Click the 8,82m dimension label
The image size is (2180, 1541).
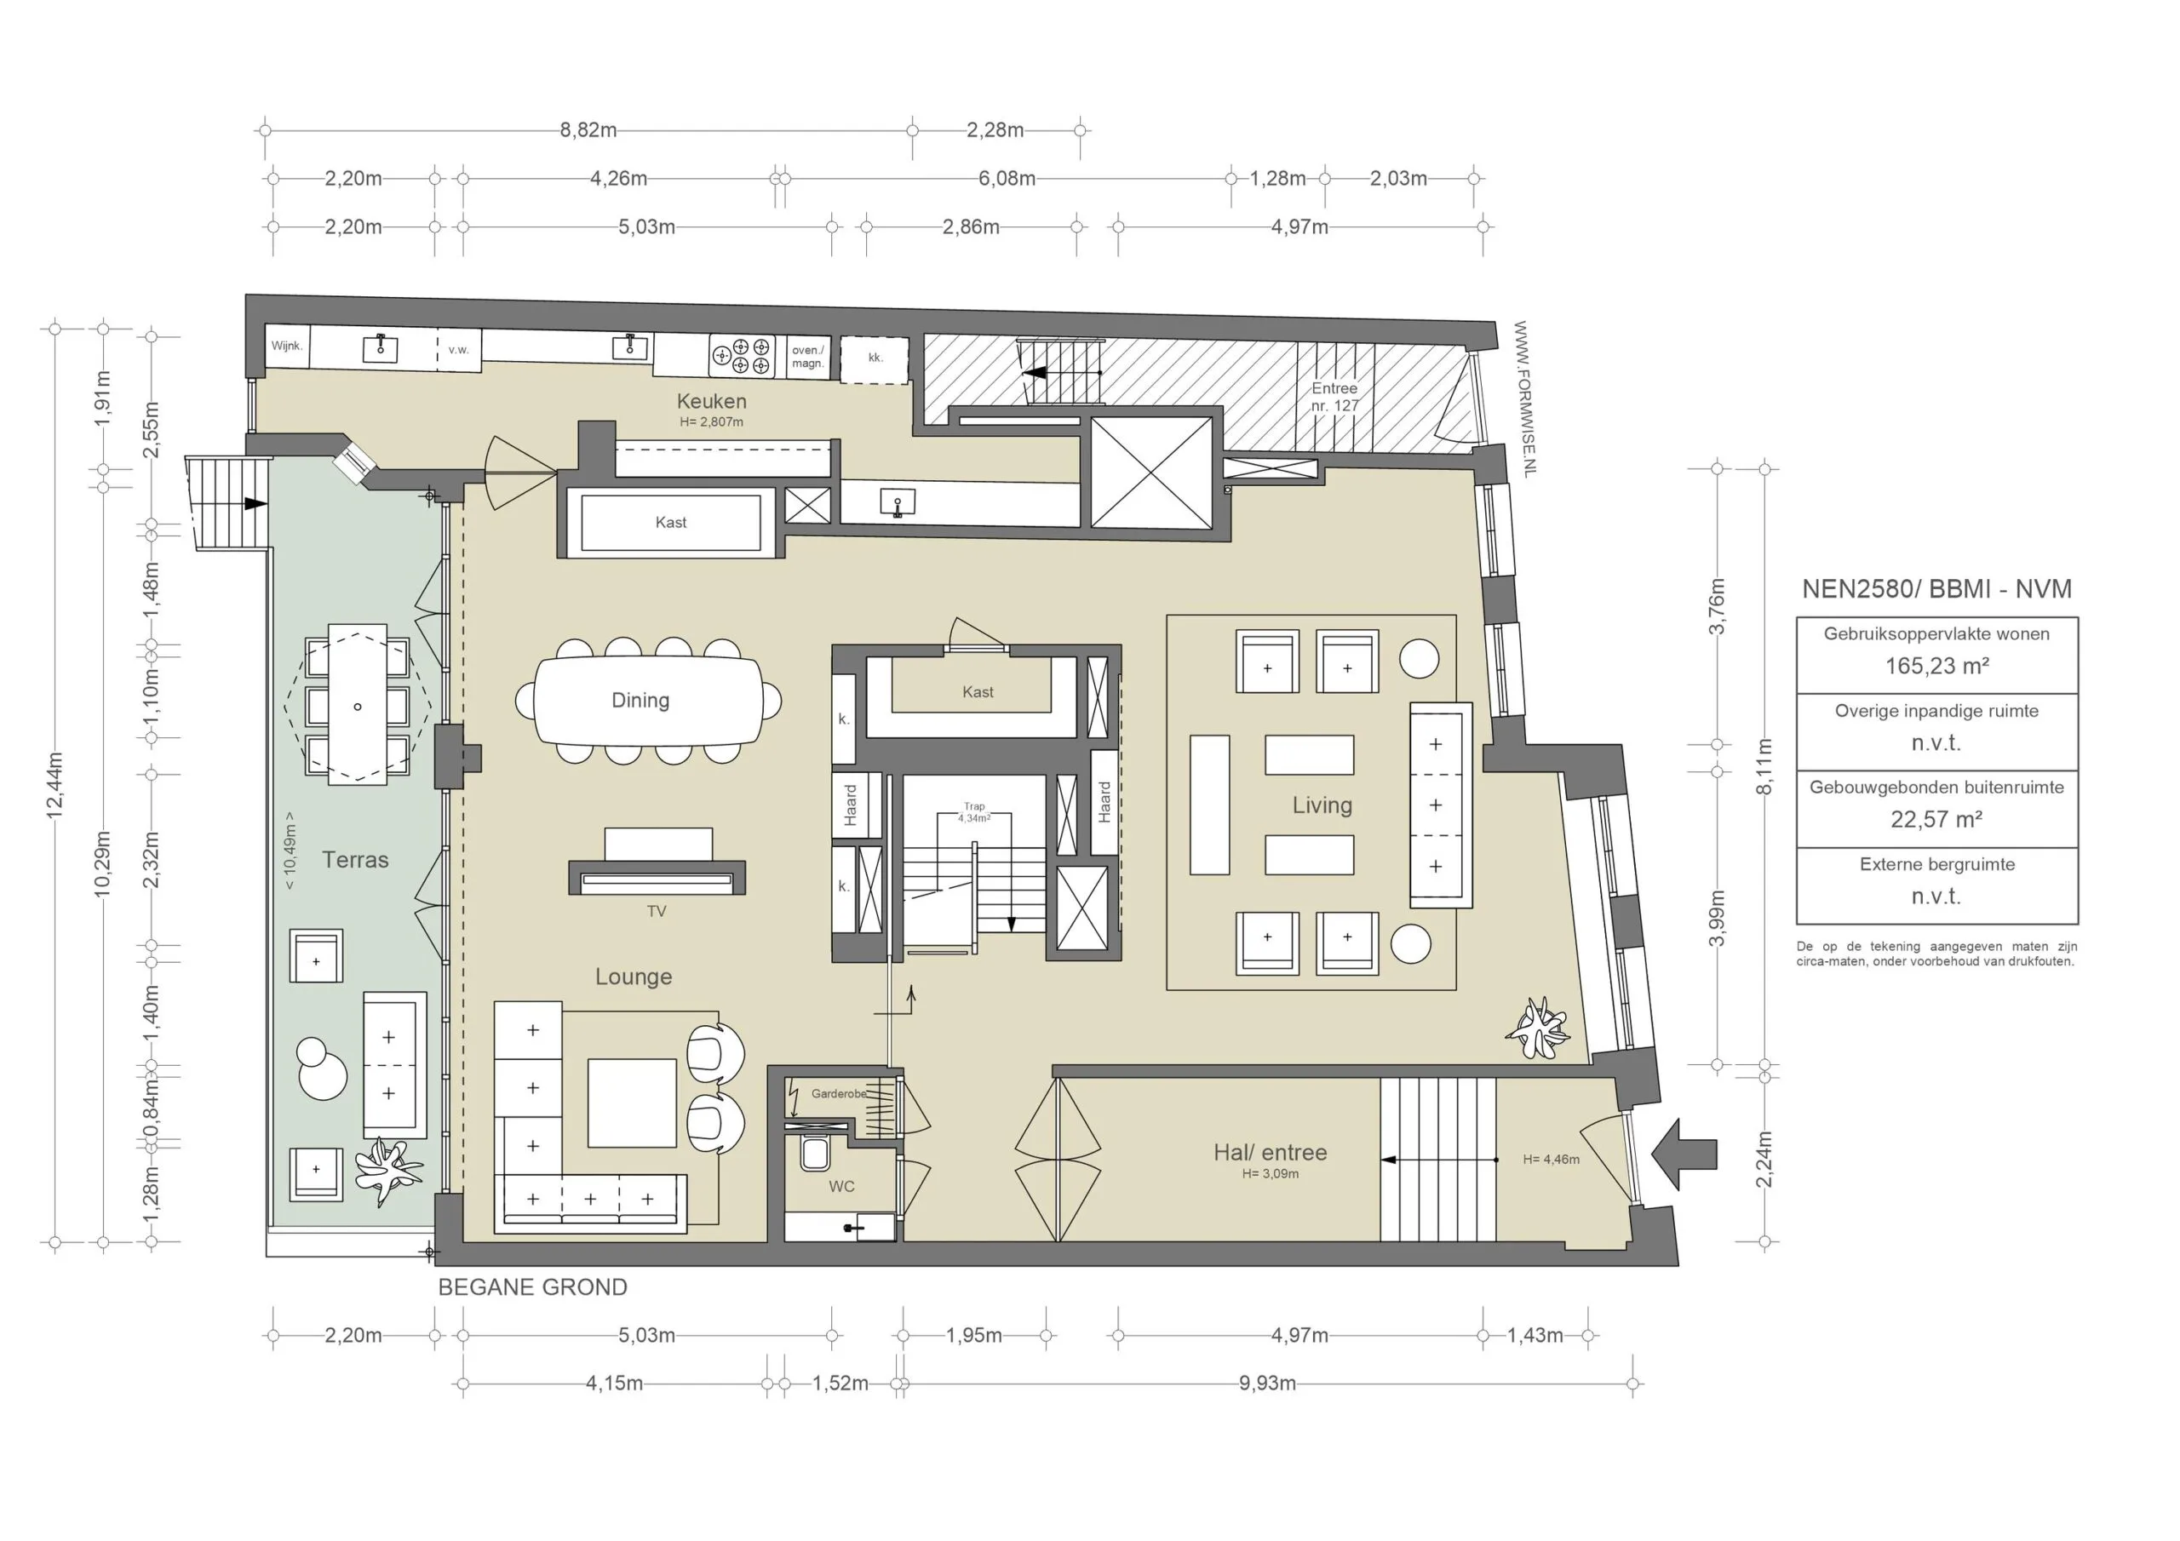[588, 130]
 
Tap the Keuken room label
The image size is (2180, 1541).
[711, 402]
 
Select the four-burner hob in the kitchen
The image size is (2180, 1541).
[742, 356]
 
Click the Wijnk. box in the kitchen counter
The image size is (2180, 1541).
[287, 347]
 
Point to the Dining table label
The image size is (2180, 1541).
[640, 701]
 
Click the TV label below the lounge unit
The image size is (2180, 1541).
[656, 912]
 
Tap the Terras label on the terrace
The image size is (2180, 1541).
[355, 860]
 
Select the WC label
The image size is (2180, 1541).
[841, 1187]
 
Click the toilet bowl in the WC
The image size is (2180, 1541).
[815, 1154]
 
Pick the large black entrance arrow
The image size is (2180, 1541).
[1685, 1154]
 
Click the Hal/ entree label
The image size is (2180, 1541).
[1270, 1153]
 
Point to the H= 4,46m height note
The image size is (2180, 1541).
[1551, 1160]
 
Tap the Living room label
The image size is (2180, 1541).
[1322, 806]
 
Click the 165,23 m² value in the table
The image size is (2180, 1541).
[1936, 667]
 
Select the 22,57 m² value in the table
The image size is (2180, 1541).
[1936, 819]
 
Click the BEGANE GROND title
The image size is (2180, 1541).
[533, 1287]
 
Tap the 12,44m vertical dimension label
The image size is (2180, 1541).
[55, 784]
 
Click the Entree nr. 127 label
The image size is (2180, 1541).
[1334, 397]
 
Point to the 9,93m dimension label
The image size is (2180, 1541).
[1266, 1383]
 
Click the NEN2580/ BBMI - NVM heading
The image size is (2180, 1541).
[1936, 588]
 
